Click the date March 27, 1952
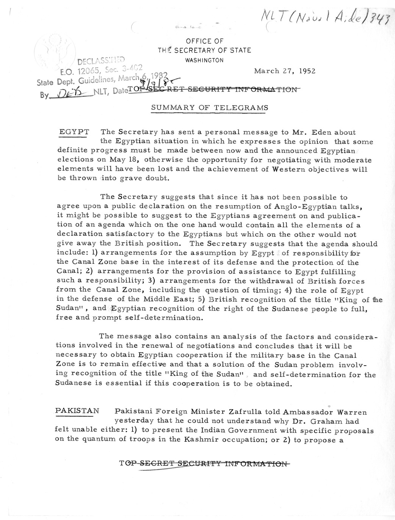tap(284, 71)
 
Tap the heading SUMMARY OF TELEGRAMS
tap(209, 107)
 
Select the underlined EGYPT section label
tap(75, 132)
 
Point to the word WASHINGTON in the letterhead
tap(205, 60)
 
